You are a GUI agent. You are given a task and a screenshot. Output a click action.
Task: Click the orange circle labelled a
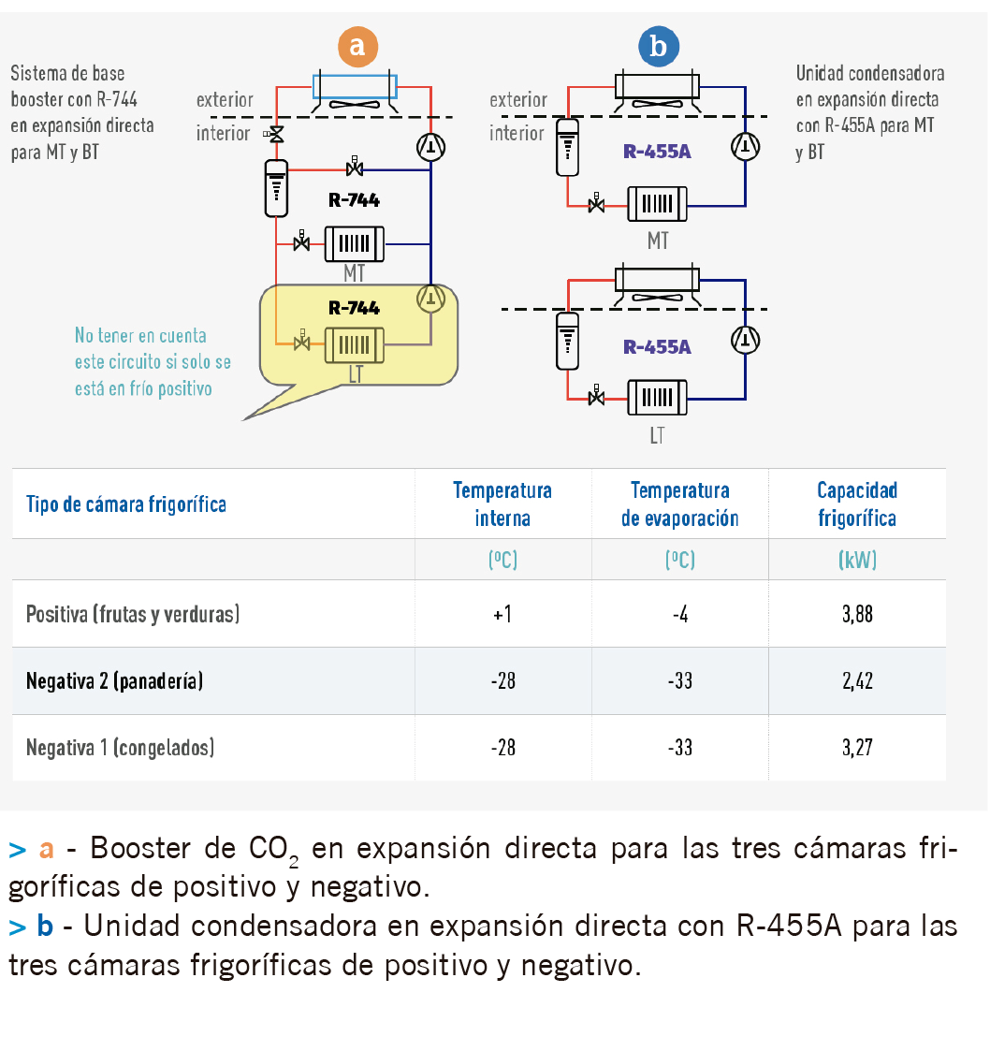point(357,46)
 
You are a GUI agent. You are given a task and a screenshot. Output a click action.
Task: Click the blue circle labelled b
point(658,46)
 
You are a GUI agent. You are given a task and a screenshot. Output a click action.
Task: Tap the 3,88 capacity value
point(857,614)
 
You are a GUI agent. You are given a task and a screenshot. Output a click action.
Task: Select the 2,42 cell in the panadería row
point(857,681)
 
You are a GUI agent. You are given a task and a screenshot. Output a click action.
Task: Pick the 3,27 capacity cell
point(857,748)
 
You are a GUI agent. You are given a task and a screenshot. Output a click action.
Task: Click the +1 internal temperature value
point(502,614)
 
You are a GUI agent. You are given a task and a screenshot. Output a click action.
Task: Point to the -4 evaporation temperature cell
point(679,614)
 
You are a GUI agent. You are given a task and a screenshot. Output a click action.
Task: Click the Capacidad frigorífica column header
point(857,504)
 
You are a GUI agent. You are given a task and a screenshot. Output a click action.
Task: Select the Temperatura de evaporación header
point(679,504)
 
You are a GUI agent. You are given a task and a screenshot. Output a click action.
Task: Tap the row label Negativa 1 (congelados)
point(121,748)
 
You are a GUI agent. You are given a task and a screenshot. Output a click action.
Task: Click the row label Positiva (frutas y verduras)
point(133,614)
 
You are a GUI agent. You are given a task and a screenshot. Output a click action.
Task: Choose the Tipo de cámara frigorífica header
point(125,504)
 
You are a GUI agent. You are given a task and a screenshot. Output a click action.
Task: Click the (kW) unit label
point(857,560)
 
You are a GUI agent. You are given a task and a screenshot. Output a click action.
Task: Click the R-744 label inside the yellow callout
point(354,307)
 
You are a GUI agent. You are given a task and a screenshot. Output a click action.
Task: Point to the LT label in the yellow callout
point(355,374)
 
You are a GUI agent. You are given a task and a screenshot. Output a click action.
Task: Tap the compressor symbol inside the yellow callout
point(430,298)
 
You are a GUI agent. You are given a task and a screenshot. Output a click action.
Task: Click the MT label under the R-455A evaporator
point(658,241)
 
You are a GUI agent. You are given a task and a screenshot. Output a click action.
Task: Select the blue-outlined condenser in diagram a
point(355,86)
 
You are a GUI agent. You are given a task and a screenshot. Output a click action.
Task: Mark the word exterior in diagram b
point(518,100)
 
